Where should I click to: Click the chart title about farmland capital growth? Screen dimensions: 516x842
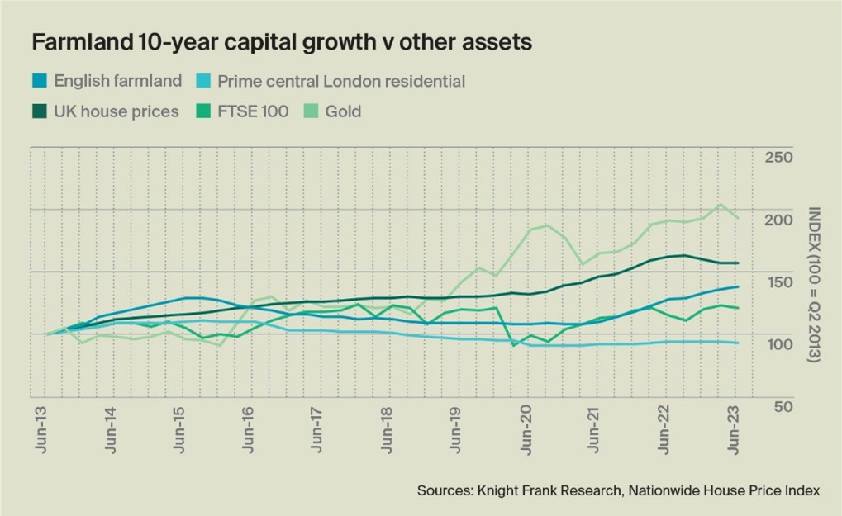(281, 43)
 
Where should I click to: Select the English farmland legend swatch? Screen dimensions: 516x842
(40, 81)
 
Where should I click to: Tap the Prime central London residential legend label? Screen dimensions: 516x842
(341, 81)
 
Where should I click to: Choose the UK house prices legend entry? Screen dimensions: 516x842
(116, 111)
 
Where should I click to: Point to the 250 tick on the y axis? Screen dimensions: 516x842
(779, 158)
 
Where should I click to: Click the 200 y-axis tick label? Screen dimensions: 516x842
(779, 220)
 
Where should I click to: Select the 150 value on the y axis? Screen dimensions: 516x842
(779, 282)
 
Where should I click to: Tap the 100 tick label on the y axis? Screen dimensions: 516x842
(779, 344)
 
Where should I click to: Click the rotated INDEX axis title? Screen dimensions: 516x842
(813, 284)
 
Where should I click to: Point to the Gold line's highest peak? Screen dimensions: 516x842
(720, 204)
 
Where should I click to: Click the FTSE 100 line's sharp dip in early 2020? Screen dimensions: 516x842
(513, 345)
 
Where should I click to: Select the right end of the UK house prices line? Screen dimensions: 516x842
(737, 263)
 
